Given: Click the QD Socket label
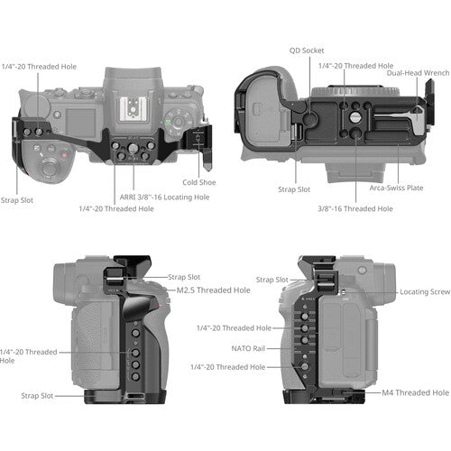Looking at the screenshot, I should pos(307,51).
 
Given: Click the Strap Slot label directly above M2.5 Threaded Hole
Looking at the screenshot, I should pos(184,277).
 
